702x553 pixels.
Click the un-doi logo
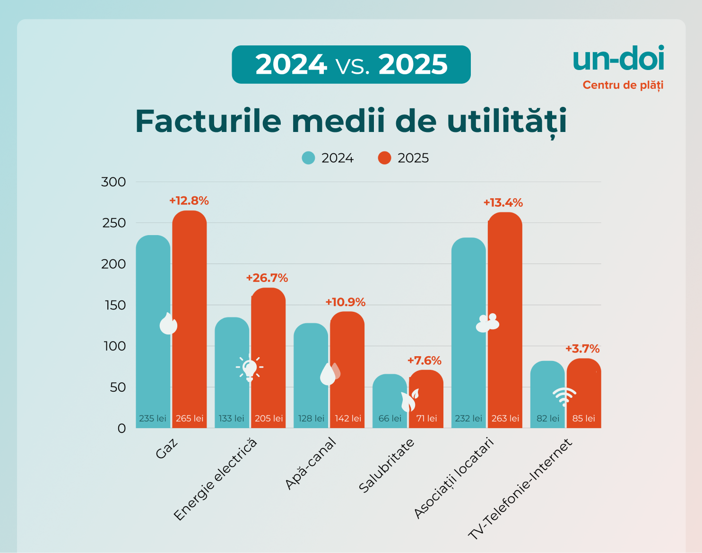pyautogui.click(x=618, y=59)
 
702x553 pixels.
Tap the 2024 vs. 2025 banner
pyautogui.click(x=351, y=65)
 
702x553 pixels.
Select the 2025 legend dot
pyautogui.click(x=385, y=158)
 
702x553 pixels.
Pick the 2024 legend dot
pyautogui.click(x=308, y=158)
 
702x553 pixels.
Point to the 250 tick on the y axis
pyautogui.click(x=114, y=223)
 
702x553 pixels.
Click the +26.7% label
pyautogui.click(x=267, y=278)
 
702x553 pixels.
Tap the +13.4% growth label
pyautogui.click(x=503, y=203)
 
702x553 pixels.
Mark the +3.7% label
pyautogui.click(x=582, y=349)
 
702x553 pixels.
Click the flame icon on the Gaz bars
pyautogui.click(x=168, y=324)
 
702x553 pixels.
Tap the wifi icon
pyautogui.click(x=564, y=396)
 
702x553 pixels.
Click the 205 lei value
pyautogui.click(x=269, y=419)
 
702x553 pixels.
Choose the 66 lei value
pyautogui.click(x=390, y=419)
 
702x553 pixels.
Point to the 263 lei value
pyautogui.click(x=505, y=419)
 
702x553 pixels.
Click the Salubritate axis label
pyautogui.click(x=387, y=465)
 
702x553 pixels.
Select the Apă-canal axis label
pyautogui.click(x=311, y=464)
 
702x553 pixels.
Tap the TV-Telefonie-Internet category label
pyautogui.click(x=520, y=489)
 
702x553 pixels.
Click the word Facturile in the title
pyautogui.click(x=208, y=122)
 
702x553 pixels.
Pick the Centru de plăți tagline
pyautogui.click(x=623, y=85)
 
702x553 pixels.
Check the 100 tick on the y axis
pyautogui.click(x=115, y=346)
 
